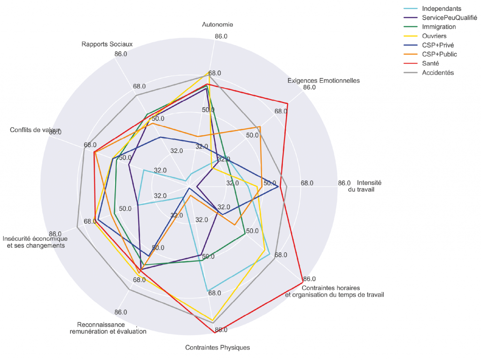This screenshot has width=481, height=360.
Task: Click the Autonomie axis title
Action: [217, 24]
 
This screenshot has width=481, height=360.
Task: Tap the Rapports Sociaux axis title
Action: [107, 44]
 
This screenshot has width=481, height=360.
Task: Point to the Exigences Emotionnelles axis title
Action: [324, 80]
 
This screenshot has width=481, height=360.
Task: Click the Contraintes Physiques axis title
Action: [217, 348]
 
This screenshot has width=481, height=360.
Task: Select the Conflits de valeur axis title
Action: [35, 130]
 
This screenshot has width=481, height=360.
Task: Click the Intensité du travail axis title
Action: [369, 186]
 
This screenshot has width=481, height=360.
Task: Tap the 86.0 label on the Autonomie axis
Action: [221, 36]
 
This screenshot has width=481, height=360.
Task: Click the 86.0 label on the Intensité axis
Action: [344, 183]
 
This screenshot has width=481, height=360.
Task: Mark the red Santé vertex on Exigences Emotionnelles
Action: [287, 103]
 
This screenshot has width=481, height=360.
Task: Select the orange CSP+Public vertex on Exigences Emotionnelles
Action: [260, 127]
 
